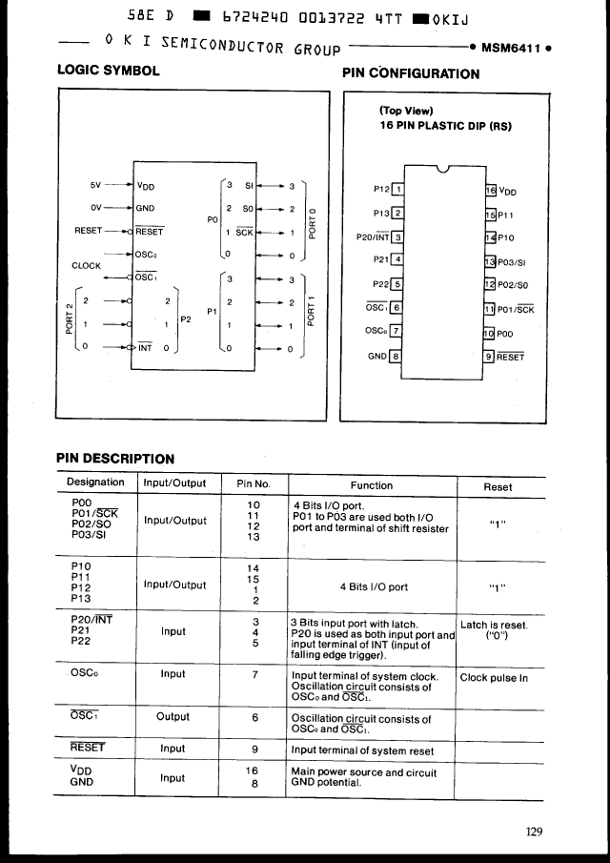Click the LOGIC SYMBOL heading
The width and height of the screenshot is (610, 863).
click(x=109, y=71)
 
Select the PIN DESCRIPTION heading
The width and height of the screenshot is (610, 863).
click(x=115, y=459)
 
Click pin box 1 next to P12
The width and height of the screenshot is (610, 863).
click(x=398, y=188)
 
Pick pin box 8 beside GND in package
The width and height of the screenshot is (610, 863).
click(x=396, y=356)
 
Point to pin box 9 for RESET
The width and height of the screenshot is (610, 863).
click(x=490, y=357)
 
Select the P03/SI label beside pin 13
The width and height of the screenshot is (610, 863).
click(x=515, y=261)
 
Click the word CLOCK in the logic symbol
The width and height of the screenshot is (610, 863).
click(x=87, y=266)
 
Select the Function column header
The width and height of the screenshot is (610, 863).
click(x=372, y=485)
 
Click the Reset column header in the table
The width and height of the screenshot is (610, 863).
click(x=498, y=486)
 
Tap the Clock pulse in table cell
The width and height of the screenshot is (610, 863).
click(x=494, y=678)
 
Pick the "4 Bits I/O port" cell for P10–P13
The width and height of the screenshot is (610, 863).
click(x=374, y=587)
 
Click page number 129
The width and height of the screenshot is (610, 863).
click(x=534, y=832)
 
